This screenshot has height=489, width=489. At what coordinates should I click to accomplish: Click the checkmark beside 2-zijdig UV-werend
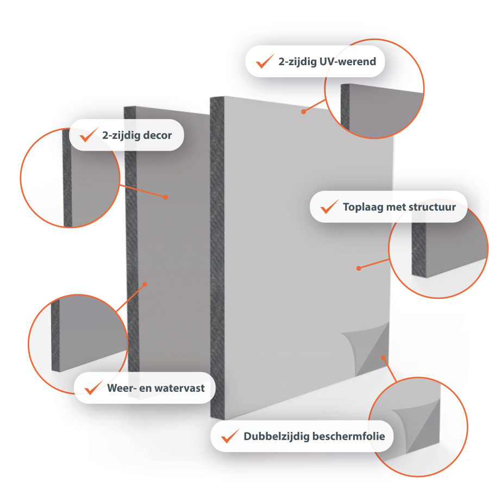pos(265,62)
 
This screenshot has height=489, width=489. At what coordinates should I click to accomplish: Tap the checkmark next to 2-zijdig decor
pos(89,135)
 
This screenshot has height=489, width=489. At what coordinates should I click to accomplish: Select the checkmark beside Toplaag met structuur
pos(329,207)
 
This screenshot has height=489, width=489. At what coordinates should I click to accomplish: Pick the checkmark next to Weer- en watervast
pos(93,388)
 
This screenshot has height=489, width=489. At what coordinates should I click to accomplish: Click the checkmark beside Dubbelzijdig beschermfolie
pos(230,436)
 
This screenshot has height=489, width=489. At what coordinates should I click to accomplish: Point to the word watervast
pos(180,388)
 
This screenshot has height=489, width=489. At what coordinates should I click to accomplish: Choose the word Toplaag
pos(363,208)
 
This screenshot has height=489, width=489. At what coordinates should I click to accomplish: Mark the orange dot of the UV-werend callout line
pos(303,111)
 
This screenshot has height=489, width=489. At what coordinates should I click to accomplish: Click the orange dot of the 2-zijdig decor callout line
pos(166,197)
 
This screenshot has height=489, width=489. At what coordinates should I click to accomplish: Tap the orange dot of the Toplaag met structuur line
pos(359,268)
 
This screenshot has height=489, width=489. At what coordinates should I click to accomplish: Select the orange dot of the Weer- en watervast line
pos(145,284)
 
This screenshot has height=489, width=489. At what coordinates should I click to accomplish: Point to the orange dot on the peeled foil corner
pos(383,358)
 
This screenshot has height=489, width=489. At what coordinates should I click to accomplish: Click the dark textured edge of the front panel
pos(217,258)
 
